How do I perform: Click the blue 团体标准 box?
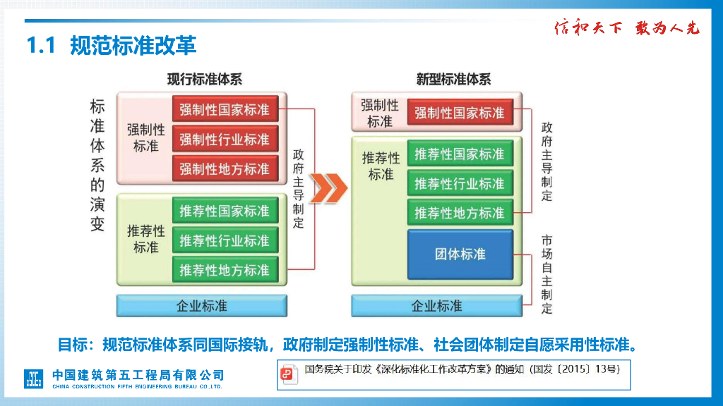[x=460, y=254]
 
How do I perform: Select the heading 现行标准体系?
[x=204, y=80]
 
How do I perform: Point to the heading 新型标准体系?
[x=453, y=80]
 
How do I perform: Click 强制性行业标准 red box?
[x=225, y=140]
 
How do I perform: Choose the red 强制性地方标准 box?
[x=225, y=169]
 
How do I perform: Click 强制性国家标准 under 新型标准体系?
[x=460, y=113]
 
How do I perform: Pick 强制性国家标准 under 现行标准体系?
[x=225, y=110]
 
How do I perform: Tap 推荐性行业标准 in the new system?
[x=460, y=184]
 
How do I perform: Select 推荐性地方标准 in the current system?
[x=225, y=270]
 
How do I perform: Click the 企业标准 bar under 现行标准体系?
[x=202, y=306]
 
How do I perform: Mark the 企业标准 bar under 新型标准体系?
[x=437, y=306]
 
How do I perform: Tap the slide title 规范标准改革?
[x=133, y=46]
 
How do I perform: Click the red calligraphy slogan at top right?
[x=626, y=28]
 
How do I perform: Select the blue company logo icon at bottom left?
[x=34, y=378]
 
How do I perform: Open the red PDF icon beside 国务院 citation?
[x=288, y=375]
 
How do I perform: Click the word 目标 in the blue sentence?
[x=72, y=345]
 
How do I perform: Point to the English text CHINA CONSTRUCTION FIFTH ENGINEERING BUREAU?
[x=138, y=387]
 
